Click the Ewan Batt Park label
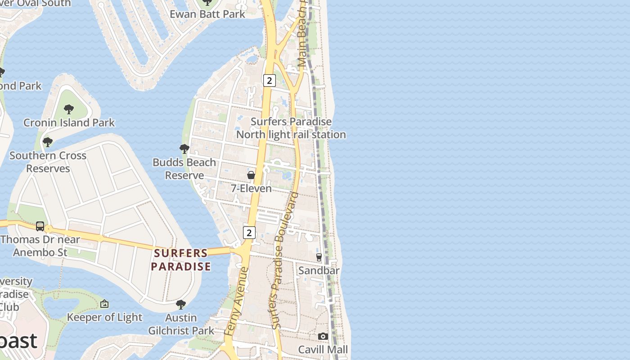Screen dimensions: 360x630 coord(207,14)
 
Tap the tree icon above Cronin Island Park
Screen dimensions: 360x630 coord(69,109)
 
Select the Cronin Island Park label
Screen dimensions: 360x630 coord(69,122)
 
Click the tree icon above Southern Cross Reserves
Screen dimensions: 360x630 coord(48,142)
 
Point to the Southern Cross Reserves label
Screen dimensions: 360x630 coord(48,162)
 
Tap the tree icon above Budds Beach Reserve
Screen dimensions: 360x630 coord(184,148)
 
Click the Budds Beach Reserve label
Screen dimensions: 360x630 coord(184,169)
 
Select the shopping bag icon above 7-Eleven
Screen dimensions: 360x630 coord(251,175)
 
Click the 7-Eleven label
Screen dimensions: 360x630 coord(251,188)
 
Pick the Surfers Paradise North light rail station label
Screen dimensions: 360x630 coord(291,128)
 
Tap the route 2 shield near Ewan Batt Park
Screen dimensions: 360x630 coord(269,81)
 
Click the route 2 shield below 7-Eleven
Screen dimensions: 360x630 coord(249,233)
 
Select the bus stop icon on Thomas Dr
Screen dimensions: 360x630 coord(40,226)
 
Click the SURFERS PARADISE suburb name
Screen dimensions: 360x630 coord(181,260)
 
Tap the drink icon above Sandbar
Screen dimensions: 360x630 coord(319,257)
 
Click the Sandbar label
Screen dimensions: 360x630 coord(319,270)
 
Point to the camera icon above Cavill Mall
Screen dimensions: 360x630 coord(323,336)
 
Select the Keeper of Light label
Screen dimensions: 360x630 coord(104,317)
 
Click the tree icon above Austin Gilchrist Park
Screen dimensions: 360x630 coord(181,305)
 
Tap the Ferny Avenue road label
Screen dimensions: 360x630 coord(237,301)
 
